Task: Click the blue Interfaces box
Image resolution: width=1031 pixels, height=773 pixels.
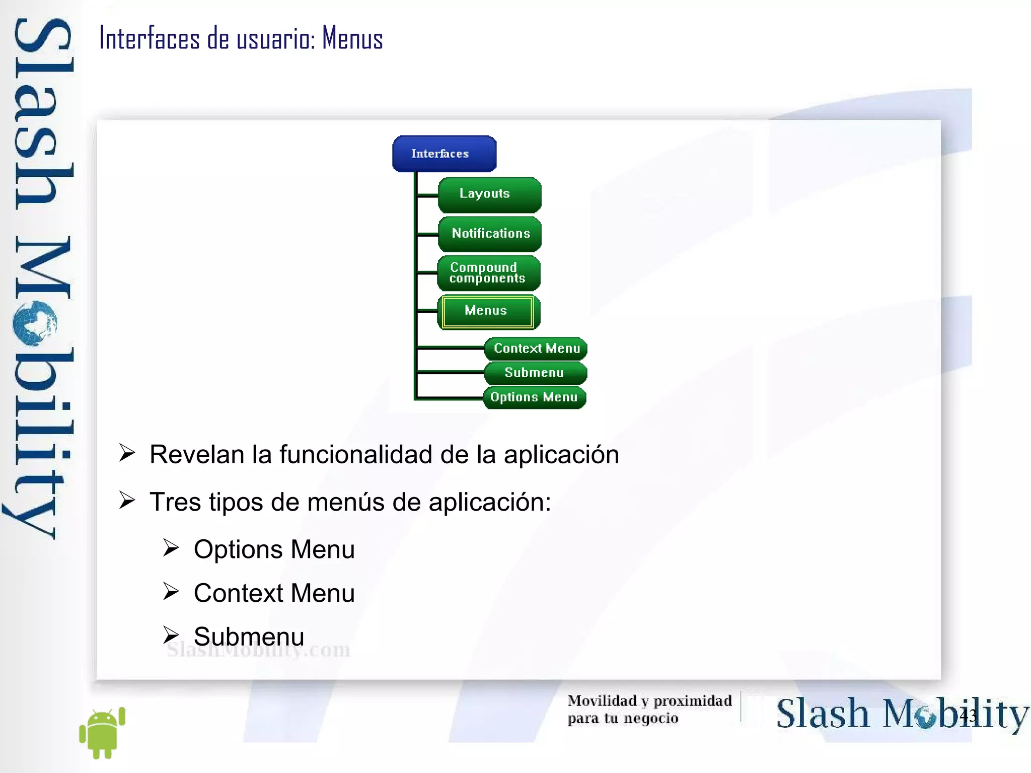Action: [444, 154]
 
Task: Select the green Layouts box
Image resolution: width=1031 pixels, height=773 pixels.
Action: [489, 194]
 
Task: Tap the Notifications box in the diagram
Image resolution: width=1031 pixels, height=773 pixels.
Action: [490, 234]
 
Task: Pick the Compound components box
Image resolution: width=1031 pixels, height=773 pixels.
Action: [488, 273]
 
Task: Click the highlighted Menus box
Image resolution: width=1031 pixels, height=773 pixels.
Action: [487, 311]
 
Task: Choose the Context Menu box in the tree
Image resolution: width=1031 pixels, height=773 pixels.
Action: [536, 348]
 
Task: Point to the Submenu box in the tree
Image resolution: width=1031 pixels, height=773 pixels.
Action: [535, 373]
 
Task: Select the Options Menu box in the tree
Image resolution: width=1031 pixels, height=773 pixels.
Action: [534, 397]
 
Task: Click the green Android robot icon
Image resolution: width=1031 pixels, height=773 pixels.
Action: [102, 732]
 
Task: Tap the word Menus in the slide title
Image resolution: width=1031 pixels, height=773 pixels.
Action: [352, 38]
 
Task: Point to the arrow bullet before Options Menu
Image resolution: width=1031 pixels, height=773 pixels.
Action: [171, 548]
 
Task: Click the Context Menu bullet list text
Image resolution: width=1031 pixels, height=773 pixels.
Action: [274, 593]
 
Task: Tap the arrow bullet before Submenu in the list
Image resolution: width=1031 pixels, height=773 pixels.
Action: [171, 636]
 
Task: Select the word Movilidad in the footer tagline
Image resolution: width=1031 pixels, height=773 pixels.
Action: [602, 700]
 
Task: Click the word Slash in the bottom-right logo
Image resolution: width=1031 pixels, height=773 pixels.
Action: [823, 714]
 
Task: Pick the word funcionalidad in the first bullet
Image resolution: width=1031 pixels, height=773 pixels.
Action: [355, 454]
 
